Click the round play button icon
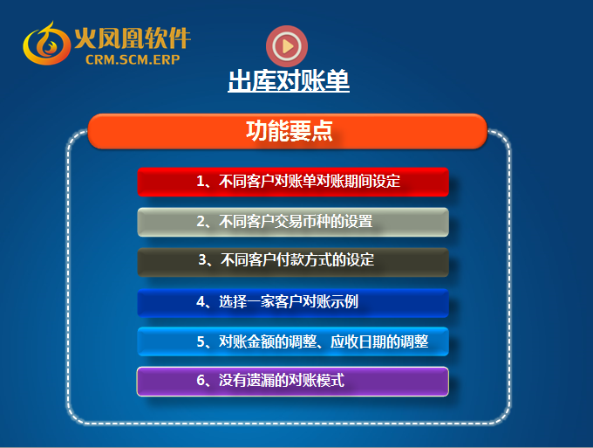point(287,46)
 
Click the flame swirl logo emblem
point(46,44)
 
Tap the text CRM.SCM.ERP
point(133,59)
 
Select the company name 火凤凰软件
point(133,38)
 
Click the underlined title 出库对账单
point(289,80)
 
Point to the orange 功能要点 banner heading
point(288,131)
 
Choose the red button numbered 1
point(293,182)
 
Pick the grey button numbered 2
point(293,222)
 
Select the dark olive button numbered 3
point(293,262)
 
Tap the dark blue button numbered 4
point(293,302)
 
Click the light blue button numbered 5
point(293,341)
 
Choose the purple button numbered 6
point(293,382)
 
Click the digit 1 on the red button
point(201,182)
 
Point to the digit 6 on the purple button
point(201,380)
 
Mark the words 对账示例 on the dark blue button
point(331,302)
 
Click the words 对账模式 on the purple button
point(317,380)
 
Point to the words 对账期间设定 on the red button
point(358,182)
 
